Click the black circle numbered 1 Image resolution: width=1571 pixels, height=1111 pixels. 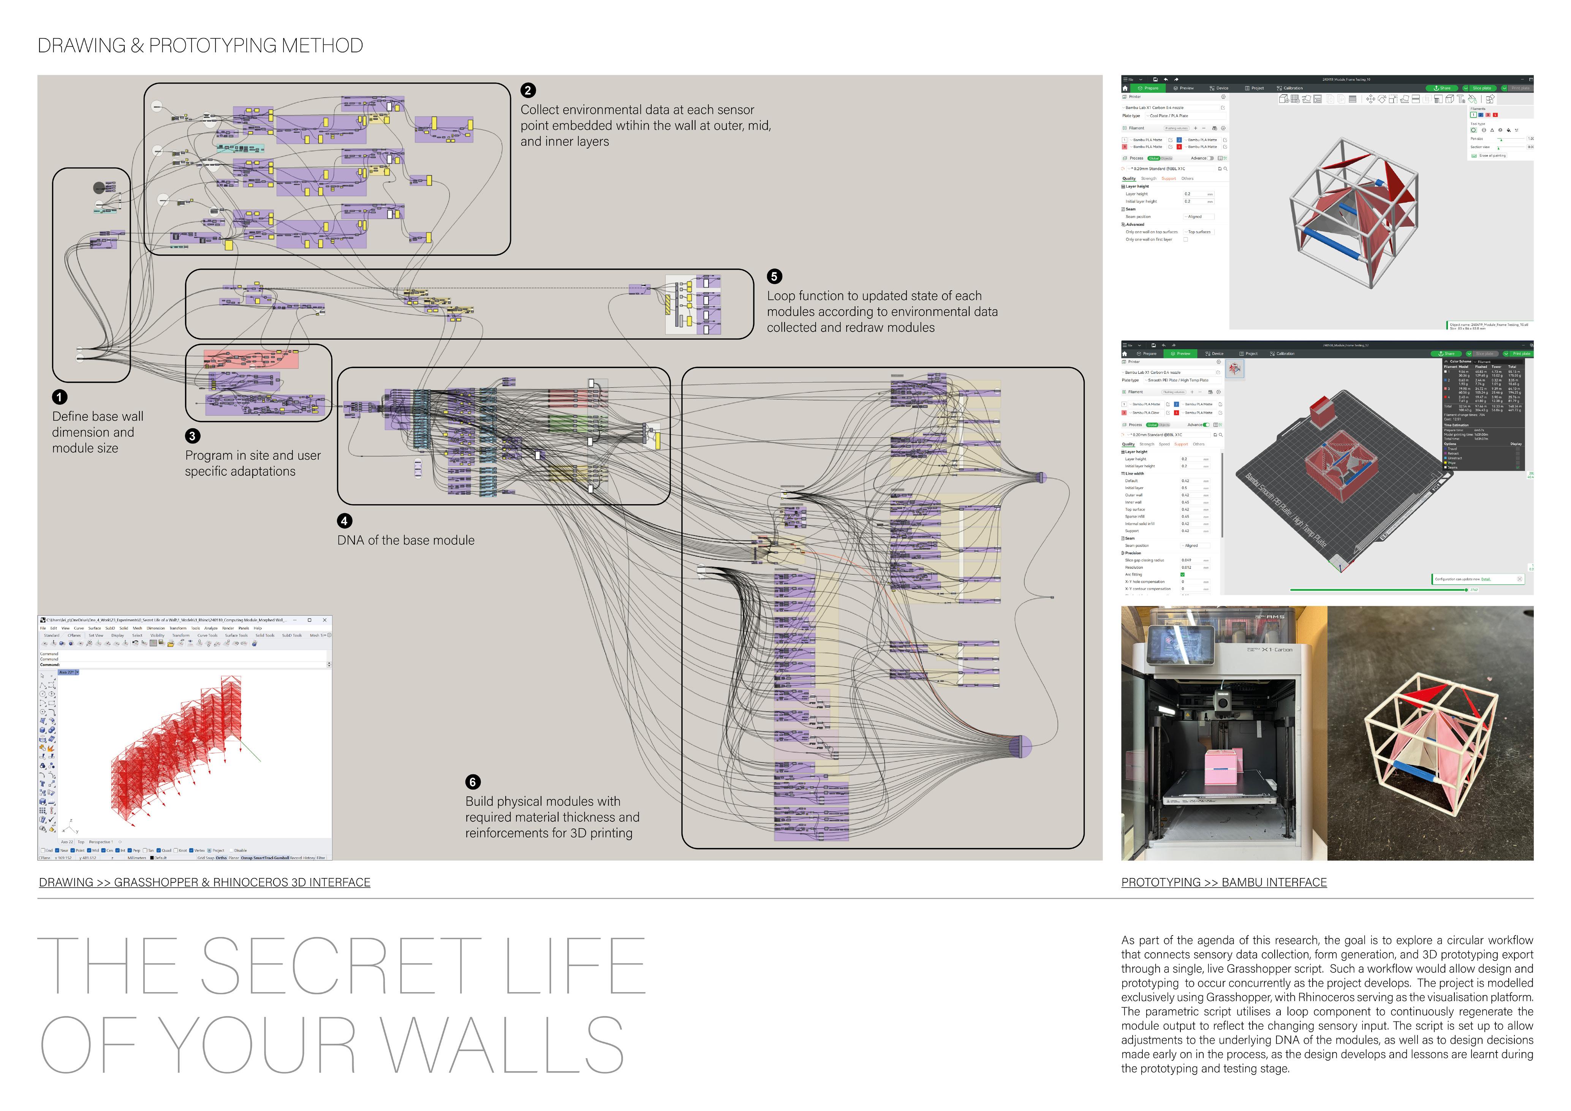(x=60, y=397)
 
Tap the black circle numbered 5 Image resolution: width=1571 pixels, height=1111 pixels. (x=774, y=276)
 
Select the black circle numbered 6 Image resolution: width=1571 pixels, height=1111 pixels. (x=472, y=782)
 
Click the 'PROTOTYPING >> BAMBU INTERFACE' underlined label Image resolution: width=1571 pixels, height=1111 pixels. (x=1223, y=883)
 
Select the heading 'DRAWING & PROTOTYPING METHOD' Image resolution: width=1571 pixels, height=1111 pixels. (x=200, y=46)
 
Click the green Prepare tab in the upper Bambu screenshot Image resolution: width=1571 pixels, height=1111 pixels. (x=1148, y=88)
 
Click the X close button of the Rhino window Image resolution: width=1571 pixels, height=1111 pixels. (x=324, y=620)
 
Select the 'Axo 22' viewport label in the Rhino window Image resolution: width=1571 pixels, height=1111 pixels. (x=66, y=673)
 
